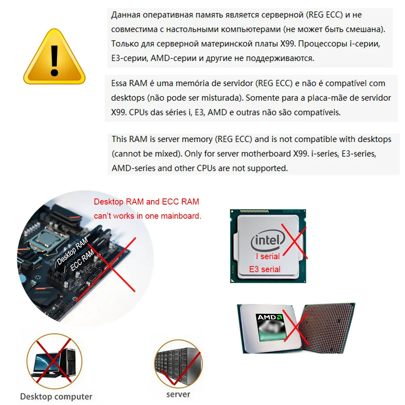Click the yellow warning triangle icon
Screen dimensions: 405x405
(54, 57)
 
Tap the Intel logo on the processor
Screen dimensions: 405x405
(268, 241)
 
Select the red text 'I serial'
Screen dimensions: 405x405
(268, 256)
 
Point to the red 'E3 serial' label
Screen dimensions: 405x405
(264, 269)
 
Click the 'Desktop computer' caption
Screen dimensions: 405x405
(56, 396)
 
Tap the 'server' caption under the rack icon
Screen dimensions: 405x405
(178, 394)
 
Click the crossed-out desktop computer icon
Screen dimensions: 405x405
(54, 361)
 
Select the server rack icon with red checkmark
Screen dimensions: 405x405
(178, 364)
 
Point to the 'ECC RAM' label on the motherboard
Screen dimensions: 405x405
(82, 260)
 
